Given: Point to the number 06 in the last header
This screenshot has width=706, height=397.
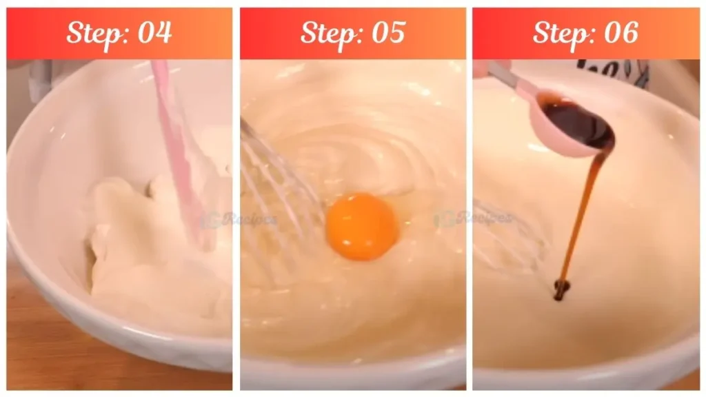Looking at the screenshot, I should coord(620,32).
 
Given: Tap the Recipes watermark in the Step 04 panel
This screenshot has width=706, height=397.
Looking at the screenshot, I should coord(238,220).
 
